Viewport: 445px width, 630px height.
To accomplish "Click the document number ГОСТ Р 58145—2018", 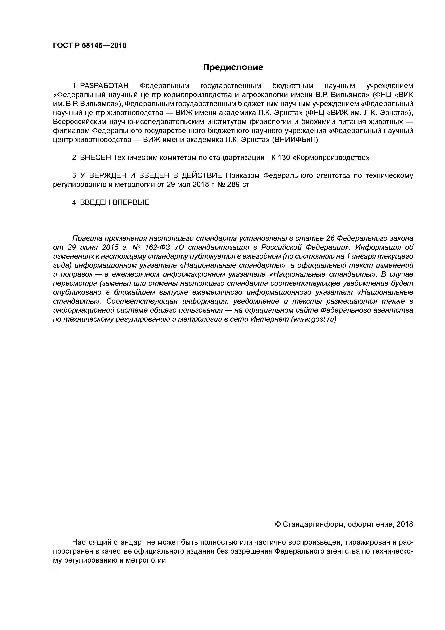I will pyautogui.click(x=90, y=46).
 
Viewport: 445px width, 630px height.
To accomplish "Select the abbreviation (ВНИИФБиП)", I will pyautogui.click(x=295, y=140).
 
